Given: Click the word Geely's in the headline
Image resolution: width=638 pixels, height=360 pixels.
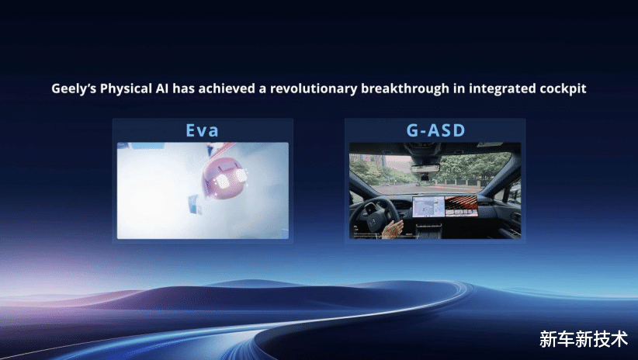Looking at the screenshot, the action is pos(74,88).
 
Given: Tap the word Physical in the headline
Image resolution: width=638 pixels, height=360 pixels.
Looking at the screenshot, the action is pos(126,88).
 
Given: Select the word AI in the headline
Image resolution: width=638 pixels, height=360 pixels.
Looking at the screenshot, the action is pos(162,88).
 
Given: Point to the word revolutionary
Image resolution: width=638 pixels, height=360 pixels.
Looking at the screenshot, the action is pos(314,88).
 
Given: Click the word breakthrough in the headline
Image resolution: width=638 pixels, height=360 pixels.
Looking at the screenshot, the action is pos(405,88).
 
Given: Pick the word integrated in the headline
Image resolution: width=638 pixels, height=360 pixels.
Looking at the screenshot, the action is pos(502,88).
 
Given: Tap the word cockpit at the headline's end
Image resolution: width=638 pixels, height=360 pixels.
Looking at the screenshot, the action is pos(563,88).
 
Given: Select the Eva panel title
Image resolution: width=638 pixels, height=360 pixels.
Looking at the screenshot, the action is pos(203,130).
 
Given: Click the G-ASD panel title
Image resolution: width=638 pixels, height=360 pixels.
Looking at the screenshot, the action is pos(435,130).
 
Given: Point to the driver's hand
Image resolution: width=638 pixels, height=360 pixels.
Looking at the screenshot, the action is pos(391,229).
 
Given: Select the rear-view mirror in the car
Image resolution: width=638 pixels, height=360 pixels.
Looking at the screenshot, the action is pos(425,168).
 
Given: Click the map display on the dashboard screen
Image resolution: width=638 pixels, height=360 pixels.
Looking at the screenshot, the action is pos(428,206).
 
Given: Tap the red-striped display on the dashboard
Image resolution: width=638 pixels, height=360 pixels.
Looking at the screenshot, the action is pos(461,206).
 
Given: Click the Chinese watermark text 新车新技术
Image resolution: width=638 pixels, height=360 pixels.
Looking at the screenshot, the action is pos(583,339).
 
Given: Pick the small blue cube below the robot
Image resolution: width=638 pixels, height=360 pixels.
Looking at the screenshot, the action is pos(195,205).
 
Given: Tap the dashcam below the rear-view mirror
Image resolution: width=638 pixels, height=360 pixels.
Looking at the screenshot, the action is pos(425,178).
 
